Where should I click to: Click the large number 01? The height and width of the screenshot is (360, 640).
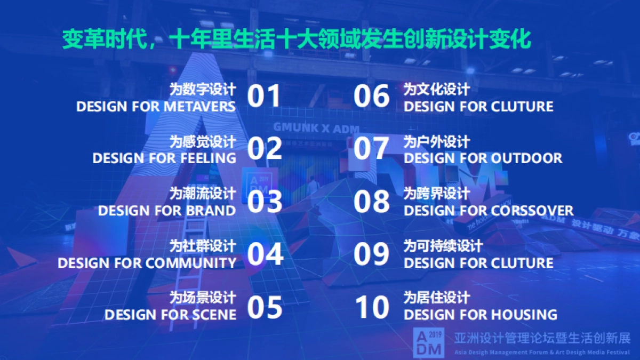(x=263, y=97)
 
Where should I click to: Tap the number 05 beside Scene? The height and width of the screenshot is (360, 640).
(x=265, y=307)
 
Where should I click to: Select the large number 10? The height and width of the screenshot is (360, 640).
(x=372, y=307)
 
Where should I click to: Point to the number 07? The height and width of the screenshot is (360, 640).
(x=372, y=149)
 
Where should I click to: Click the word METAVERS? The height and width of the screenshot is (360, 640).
(x=199, y=107)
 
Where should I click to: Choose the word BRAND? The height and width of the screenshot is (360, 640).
(x=210, y=211)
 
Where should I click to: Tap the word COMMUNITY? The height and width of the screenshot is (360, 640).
(x=191, y=263)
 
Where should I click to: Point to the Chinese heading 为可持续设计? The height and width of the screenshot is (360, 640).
(x=443, y=246)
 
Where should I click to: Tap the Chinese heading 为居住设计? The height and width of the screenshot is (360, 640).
(x=437, y=298)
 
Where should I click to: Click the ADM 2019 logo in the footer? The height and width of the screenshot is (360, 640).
(x=428, y=342)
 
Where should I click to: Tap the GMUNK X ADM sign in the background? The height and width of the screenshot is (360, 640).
(x=316, y=129)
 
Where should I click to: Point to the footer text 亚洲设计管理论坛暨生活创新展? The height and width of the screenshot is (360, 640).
(x=542, y=339)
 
